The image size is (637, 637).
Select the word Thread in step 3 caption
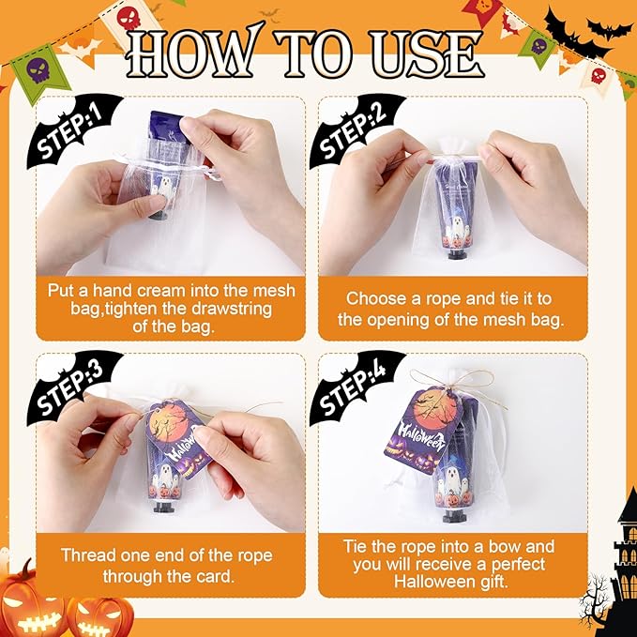[86, 555]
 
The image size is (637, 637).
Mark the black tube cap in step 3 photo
[166, 510]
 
